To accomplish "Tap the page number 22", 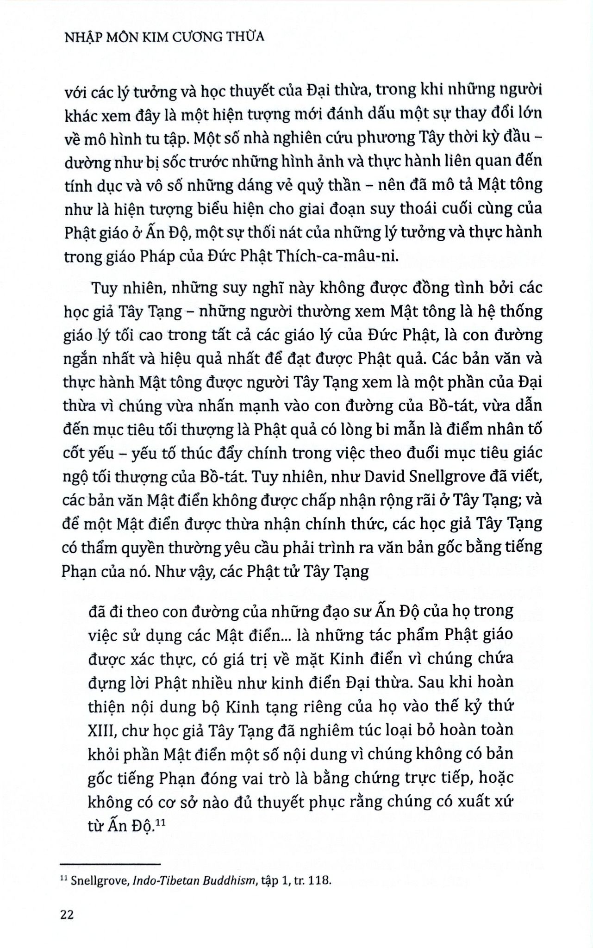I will click(x=67, y=915).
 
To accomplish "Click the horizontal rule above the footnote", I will click(x=110, y=864).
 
